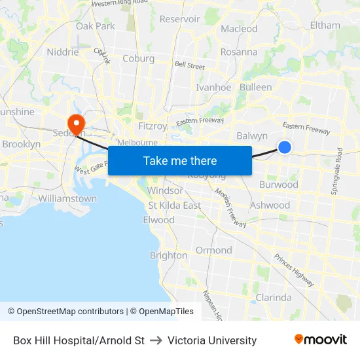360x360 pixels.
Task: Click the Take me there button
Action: click(180, 161)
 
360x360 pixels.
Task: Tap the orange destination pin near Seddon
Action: click(77, 122)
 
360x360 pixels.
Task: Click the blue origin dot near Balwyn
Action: click(285, 147)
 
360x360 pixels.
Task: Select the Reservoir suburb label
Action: click(180, 19)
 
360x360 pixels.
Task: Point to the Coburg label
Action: click(138, 58)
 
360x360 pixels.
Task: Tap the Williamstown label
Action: click(67, 198)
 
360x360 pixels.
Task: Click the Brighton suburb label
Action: click(168, 255)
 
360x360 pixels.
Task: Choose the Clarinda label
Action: click(273, 297)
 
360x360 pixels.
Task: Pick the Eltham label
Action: click(325, 26)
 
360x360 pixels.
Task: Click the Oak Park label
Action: click(96, 26)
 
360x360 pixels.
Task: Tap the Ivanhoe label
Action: click(213, 87)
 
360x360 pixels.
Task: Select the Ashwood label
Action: click(270, 205)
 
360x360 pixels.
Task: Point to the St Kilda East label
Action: click(174, 205)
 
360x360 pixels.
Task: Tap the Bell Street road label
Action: click(189, 65)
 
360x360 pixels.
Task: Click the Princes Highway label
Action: click(294, 269)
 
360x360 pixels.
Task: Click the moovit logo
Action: click(321, 340)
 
